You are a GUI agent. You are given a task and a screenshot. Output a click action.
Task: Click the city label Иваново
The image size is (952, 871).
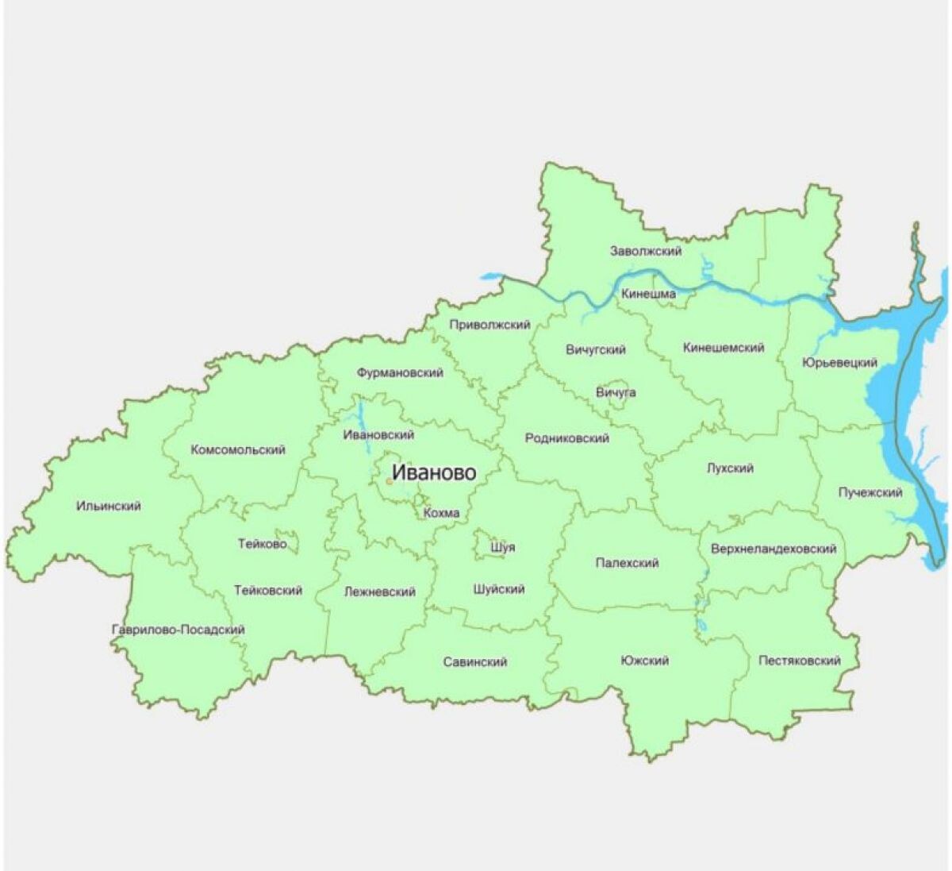(435, 473)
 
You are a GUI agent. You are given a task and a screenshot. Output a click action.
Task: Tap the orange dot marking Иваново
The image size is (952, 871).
(390, 481)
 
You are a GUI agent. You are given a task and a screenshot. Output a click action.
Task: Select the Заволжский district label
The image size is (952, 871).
(646, 251)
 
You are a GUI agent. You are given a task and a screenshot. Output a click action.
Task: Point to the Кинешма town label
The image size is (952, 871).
(649, 294)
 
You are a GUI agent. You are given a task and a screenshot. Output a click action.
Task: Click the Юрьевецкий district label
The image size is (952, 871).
(839, 363)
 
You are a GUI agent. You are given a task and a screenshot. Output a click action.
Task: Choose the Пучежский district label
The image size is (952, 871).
(870, 492)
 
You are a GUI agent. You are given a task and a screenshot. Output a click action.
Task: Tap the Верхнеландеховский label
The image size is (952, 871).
(773, 549)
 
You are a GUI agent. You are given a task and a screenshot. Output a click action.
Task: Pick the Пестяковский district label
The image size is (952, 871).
(799, 661)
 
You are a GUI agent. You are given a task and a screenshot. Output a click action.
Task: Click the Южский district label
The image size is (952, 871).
(646, 660)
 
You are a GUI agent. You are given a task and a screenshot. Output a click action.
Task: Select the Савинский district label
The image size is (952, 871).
(475, 661)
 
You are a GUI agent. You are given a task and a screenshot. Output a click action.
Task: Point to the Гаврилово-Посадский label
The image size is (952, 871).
(178, 630)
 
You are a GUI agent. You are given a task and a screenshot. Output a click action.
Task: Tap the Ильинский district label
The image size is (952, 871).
(109, 506)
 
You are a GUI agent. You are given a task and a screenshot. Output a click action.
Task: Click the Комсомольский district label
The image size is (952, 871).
(238, 449)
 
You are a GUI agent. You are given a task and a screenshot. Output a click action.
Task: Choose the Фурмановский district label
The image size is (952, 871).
(400, 372)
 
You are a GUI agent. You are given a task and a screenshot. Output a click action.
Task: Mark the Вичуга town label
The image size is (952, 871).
(616, 392)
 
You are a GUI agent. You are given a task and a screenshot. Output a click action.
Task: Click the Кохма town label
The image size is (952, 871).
(441, 513)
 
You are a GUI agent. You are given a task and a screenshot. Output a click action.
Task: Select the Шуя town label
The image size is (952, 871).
(502, 547)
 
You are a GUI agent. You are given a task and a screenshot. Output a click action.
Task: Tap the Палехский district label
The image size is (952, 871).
(627, 563)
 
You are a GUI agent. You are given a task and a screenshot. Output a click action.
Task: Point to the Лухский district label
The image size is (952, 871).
(730, 468)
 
